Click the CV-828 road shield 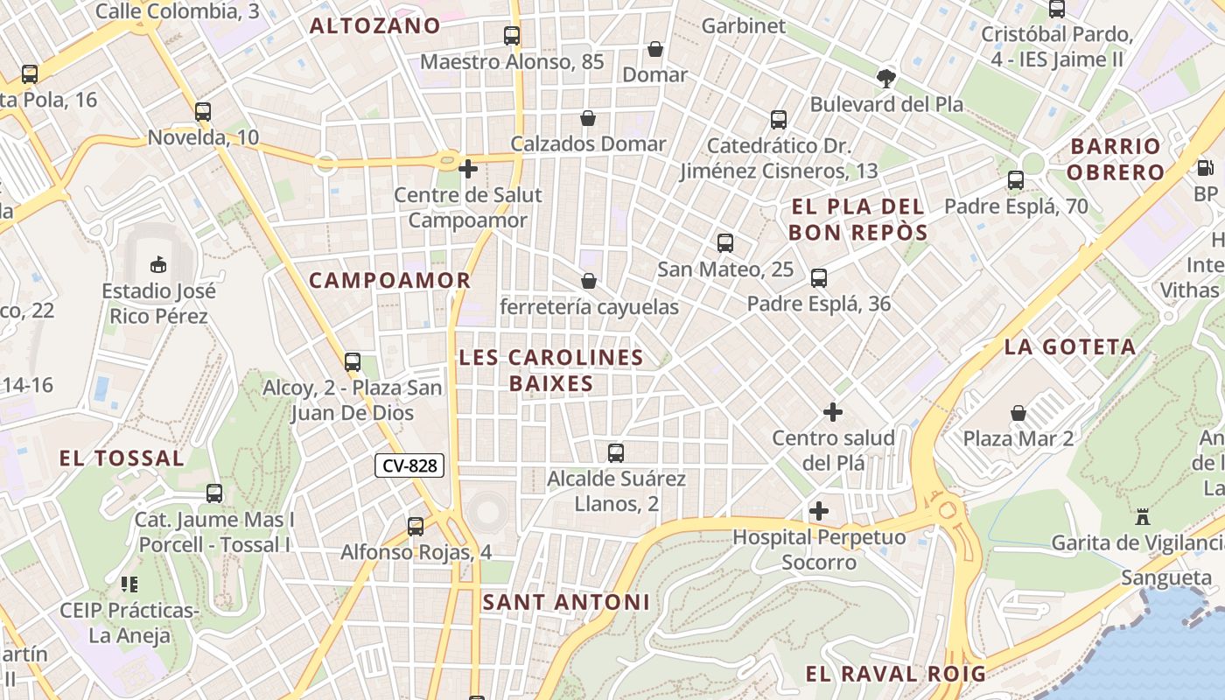click(x=409, y=465)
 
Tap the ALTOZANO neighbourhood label click(x=374, y=25)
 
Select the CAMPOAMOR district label click(x=389, y=280)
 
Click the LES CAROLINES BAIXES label click(x=551, y=370)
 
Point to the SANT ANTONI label click(x=566, y=602)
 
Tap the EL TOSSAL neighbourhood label click(x=122, y=458)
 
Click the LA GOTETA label click(x=1070, y=346)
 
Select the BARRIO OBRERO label click(x=1115, y=158)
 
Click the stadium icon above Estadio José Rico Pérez click(x=158, y=263)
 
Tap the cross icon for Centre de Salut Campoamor click(x=468, y=168)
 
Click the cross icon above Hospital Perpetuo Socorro click(x=819, y=510)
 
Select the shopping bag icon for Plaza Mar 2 click(x=1018, y=412)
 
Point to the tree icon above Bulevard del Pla click(x=886, y=78)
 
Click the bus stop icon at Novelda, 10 click(x=203, y=112)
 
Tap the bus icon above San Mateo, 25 click(x=725, y=243)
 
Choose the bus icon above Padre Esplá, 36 click(x=819, y=278)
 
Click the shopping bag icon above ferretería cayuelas click(x=589, y=281)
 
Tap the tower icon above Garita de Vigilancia click(x=1142, y=517)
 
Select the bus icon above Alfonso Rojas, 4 click(x=416, y=527)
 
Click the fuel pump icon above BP click(x=1205, y=167)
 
